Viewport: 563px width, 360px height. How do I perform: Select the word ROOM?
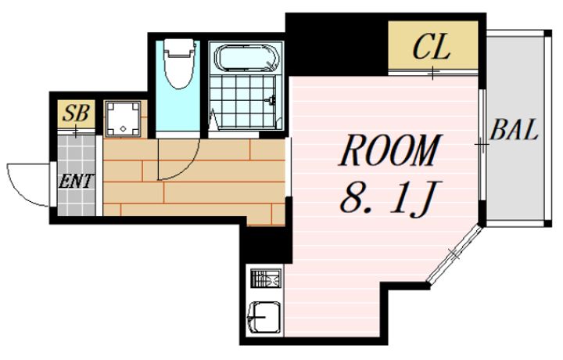[390, 150]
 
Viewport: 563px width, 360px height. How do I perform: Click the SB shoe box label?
[76, 113]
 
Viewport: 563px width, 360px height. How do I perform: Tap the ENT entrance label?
[76, 181]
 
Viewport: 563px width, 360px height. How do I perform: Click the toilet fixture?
[178, 63]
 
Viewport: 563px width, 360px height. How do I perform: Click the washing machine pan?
[123, 119]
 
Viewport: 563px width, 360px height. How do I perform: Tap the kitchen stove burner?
[267, 279]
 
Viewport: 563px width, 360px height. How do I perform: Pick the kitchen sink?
[264, 317]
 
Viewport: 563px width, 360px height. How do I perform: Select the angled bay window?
[454, 254]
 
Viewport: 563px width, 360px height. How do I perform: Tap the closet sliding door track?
[433, 72]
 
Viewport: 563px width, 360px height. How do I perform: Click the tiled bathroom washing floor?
[242, 101]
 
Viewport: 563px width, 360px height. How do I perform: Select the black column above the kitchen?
[266, 243]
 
